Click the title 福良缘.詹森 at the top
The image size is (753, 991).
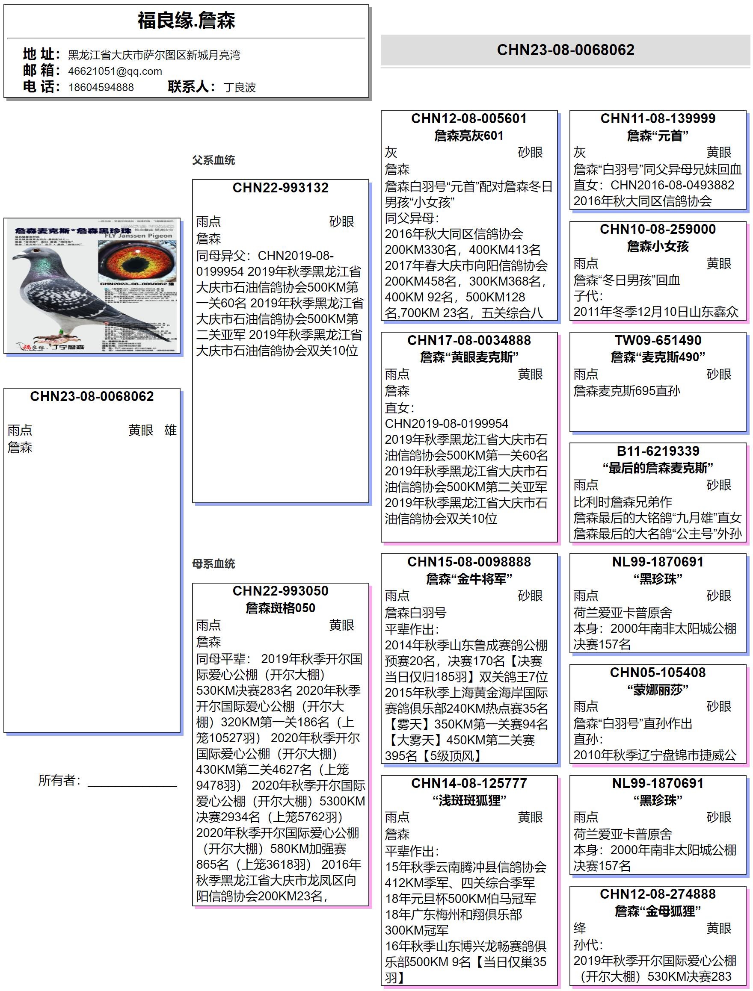click(x=186, y=21)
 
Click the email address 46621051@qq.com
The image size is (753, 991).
click(x=115, y=71)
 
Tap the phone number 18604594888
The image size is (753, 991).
click(x=101, y=87)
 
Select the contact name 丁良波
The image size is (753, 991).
click(x=239, y=87)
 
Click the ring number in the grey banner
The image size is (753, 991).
click(x=565, y=50)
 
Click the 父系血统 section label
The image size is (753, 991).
click(x=213, y=160)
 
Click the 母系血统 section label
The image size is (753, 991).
click(x=213, y=563)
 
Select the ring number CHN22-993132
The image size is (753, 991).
click(x=281, y=188)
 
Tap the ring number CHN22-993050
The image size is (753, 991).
click(x=281, y=591)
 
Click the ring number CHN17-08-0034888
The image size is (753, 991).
click(x=469, y=340)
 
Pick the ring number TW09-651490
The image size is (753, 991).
click(x=658, y=340)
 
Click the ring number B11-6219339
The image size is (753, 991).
click(x=658, y=451)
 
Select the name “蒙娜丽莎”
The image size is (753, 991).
click(x=658, y=690)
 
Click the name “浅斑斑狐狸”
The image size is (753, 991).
click(x=469, y=800)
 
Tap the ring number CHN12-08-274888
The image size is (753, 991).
click(x=658, y=894)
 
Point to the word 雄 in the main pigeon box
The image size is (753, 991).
click(x=170, y=430)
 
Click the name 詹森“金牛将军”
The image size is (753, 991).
click(x=469, y=579)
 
